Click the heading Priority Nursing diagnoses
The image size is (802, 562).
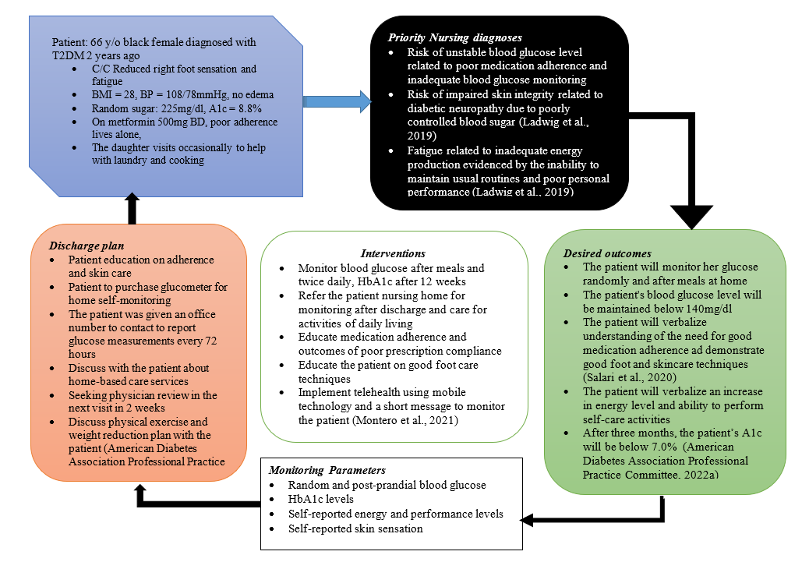click(x=454, y=37)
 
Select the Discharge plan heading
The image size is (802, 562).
click(x=87, y=246)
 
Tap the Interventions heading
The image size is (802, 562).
click(x=393, y=253)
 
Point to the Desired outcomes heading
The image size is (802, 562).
click(x=607, y=253)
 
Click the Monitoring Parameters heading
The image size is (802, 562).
click(x=327, y=470)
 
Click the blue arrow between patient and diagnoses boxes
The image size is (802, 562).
click(x=337, y=101)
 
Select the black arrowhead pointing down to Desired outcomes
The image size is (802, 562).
click(x=691, y=217)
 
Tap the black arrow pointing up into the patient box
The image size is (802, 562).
click(x=132, y=209)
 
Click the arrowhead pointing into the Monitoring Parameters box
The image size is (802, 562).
click(x=527, y=520)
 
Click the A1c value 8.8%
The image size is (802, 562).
click(x=249, y=108)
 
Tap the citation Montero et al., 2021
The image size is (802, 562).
click(x=405, y=420)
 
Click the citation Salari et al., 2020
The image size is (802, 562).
click(x=630, y=377)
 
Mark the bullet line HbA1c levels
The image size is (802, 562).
click(x=320, y=499)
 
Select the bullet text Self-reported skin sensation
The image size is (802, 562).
click(x=355, y=528)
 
